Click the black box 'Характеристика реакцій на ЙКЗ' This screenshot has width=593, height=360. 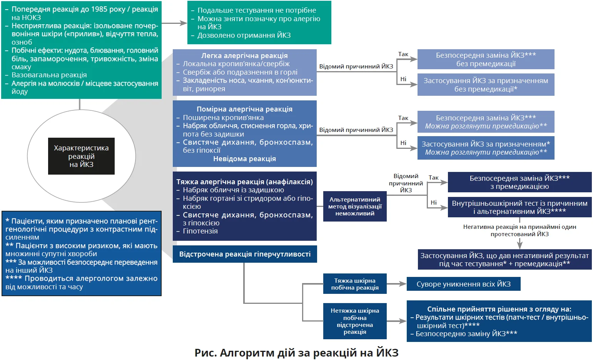pyautogui.click(x=81, y=156)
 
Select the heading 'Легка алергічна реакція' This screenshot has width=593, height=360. pyautogui.click(x=244, y=55)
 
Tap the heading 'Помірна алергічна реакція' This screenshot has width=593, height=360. pyautogui.click(x=244, y=109)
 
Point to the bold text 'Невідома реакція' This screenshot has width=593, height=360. pyautogui.click(x=244, y=159)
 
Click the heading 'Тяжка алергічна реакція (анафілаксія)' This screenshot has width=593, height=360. pyautogui.click(x=244, y=182)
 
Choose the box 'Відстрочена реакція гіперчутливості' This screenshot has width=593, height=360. pyautogui.click(x=245, y=254)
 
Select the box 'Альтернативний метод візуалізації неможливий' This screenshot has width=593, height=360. pyautogui.click(x=355, y=207)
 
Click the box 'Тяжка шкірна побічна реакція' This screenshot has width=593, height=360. pyautogui.click(x=355, y=284)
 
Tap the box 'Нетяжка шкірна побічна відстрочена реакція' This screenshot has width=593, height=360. pyautogui.click(x=355, y=321)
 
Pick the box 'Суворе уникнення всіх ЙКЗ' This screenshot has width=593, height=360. pyautogui.click(x=463, y=284)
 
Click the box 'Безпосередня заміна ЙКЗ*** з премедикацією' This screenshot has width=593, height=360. pyautogui.click(x=520, y=182)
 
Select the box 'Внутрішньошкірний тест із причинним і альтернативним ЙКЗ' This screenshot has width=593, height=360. pyautogui.click(x=520, y=207)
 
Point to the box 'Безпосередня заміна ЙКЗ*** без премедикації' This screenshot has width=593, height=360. pyautogui.click(x=486, y=59)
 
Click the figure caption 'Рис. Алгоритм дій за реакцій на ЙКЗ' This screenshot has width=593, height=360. pyautogui.click(x=296, y=353)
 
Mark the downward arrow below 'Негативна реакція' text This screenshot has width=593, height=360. pyautogui.click(x=520, y=244)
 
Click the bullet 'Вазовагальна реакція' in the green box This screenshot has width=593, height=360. pyautogui.click(x=49, y=75)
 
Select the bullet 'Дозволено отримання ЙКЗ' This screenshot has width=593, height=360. pyautogui.click(x=244, y=35)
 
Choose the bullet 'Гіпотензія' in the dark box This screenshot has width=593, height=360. pyautogui.click(x=200, y=231)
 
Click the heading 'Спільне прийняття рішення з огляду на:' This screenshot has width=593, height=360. pyautogui.click(x=499, y=309)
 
